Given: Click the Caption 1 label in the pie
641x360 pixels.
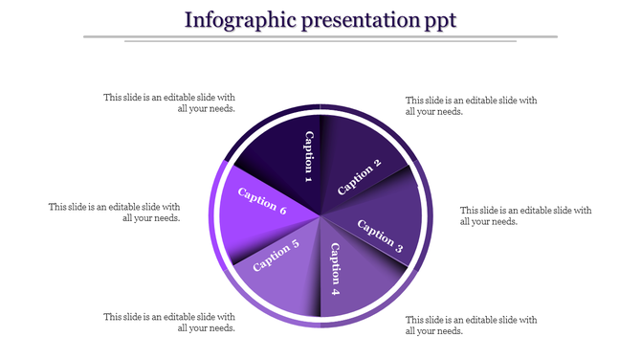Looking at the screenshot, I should tap(308, 156).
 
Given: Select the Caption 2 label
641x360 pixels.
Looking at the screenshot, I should tap(360, 176).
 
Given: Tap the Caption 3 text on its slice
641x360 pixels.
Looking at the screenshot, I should tap(380, 235).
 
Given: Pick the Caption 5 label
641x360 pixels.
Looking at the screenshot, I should tap(276, 256).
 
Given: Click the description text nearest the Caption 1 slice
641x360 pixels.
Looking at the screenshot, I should tap(169, 103).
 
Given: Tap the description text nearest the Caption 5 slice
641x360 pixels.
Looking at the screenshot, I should tap(169, 323).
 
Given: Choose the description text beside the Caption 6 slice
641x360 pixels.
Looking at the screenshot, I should tap(115, 212).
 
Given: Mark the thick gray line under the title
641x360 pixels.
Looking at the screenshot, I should tap(320, 36).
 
